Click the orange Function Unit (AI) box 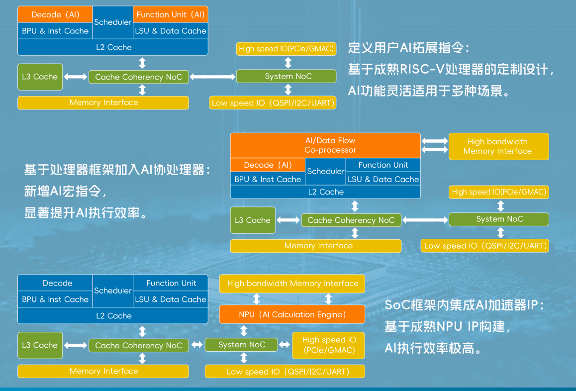(170, 14)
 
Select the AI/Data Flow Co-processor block (325, 145)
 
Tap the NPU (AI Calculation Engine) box (292, 314)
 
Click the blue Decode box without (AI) (57, 283)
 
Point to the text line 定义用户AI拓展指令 (408, 48)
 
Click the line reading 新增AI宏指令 (65, 191)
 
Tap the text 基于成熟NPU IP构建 (447, 326)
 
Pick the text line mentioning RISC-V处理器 (451, 70)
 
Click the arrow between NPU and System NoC (244, 331)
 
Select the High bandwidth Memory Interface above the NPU (292, 284)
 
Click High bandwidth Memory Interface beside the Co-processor (498, 146)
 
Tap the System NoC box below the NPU (242, 345)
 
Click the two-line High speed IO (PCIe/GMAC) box (328, 345)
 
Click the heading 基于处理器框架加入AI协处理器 (117, 170)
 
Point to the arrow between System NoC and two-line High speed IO (284, 345)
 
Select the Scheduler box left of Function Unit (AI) (113, 22)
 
